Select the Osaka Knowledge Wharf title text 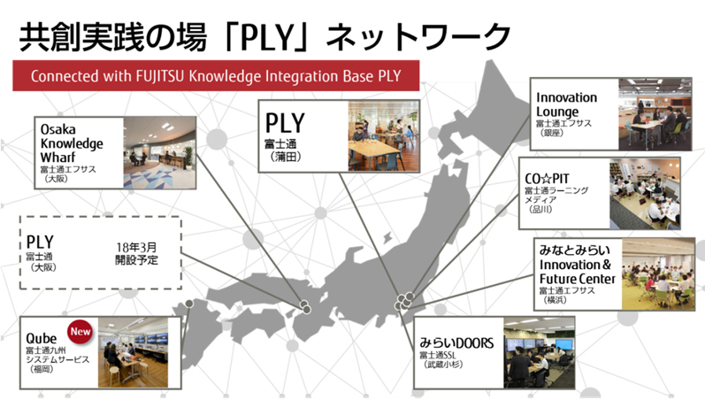coord(72,142)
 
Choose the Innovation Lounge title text coord(566,104)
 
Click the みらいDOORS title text coord(461,342)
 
